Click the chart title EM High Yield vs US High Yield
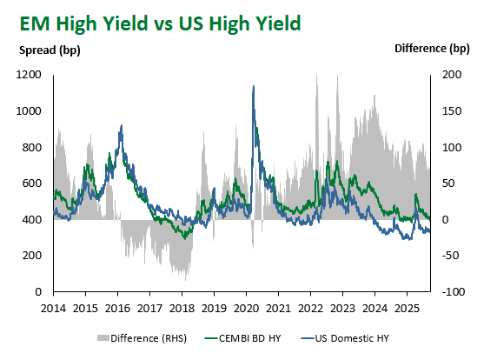(x=160, y=23)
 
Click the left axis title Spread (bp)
(x=50, y=50)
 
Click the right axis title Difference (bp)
(x=432, y=49)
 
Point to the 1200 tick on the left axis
(x=29, y=75)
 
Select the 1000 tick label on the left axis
(x=29, y=111)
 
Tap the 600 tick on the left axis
(x=32, y=183)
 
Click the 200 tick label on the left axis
(x=32, y=256)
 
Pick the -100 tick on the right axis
(x=454, y=292)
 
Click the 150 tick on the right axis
(x=452, y=111)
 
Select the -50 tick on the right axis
(x=450, y=256)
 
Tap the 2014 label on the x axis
(x=53, y=309)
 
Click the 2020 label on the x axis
(x=246, y=309)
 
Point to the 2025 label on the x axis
(x=407, y=309)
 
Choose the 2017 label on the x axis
(x=150, y=309)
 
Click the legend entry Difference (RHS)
(x=142, y=338)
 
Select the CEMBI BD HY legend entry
(x=243, y=338)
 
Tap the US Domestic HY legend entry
(x=345, y=338)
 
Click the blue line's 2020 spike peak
(x=253, y=86)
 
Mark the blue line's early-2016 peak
(x=121, y=125)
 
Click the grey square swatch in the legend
(x=103, y=338)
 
